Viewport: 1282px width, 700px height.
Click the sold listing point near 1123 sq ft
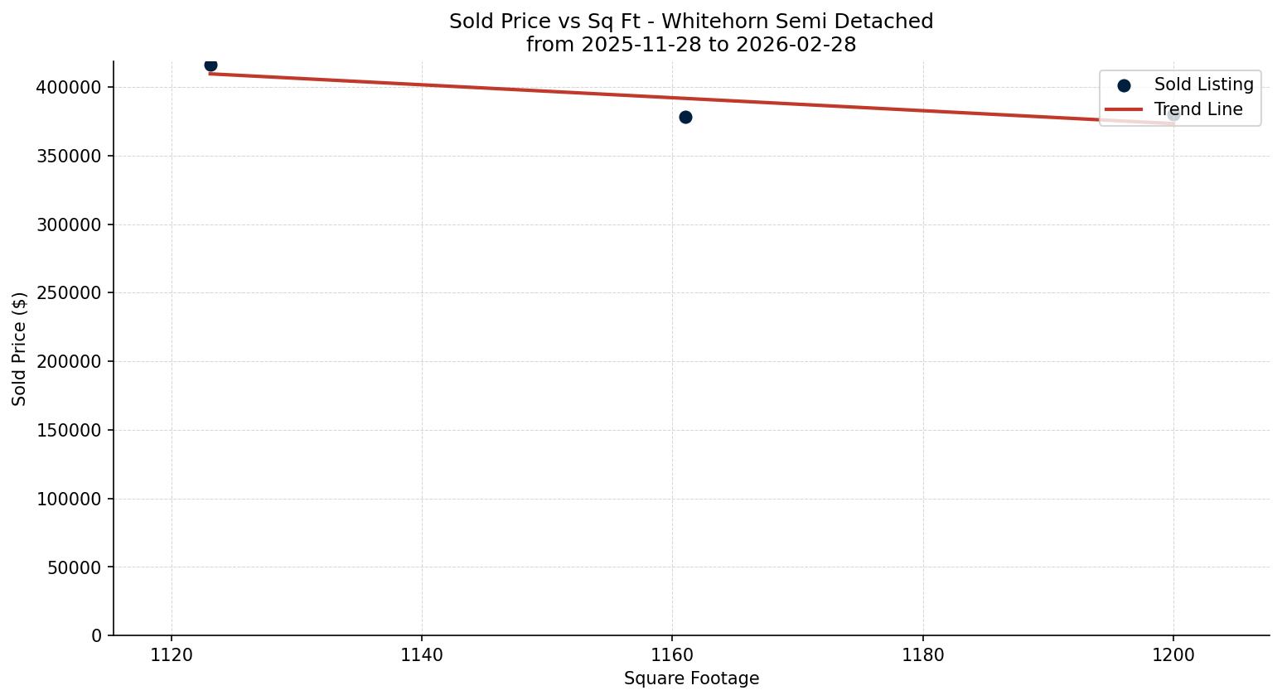[x=210, y=65]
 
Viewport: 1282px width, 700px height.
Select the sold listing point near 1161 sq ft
[x=685, y=118]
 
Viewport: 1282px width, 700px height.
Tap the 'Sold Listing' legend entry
[x=1203, y=84]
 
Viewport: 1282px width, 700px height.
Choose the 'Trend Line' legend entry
[x=1198, y=109]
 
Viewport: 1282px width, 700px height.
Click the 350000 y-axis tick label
[x=70, y=157]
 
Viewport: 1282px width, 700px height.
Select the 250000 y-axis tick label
[x=70, y=293]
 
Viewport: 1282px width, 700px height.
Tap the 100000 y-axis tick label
[x=70, y=500]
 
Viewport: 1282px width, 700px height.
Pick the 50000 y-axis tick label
[x=75, y=568]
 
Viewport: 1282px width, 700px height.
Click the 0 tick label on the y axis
[x=97, y=636]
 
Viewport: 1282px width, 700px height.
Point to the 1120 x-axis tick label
[x=172, y=655]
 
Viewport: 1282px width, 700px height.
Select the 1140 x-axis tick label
[x=422, y=655]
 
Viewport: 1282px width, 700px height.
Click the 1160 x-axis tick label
[x=672, y=655]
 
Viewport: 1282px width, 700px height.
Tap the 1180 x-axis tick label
[x=922, y=655]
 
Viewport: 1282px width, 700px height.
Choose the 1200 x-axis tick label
[x=1173, y=655]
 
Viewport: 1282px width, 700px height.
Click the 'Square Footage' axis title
[x=691, y=679]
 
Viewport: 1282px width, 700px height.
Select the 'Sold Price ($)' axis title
[x=20, y=349]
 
